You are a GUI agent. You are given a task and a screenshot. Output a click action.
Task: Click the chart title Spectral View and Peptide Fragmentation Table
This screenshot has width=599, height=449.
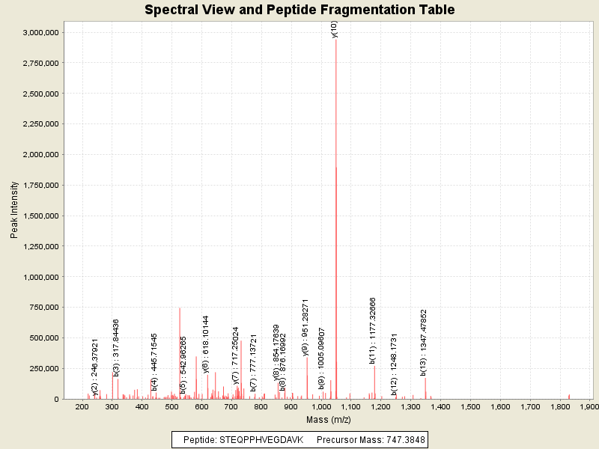[299, 10]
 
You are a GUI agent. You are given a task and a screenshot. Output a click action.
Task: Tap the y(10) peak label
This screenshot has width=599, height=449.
[335, 29]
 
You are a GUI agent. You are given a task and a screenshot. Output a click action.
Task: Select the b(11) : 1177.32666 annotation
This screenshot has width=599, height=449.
[373, 330]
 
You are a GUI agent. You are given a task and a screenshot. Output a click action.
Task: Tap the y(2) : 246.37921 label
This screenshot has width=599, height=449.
[95, 366]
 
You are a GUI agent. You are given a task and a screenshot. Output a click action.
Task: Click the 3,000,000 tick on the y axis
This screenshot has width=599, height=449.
[42, 33]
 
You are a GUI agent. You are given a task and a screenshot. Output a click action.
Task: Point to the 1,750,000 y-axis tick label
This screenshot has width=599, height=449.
[42, 186]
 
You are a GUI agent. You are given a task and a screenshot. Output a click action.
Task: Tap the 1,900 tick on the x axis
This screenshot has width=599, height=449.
[589, 406]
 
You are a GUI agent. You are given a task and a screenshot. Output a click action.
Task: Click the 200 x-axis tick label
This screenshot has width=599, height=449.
[82, 406]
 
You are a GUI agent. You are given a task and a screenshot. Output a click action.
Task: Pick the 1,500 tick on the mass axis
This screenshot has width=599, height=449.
[470, 406]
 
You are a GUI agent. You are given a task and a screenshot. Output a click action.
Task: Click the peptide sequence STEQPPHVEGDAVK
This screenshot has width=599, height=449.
[261, 439]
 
